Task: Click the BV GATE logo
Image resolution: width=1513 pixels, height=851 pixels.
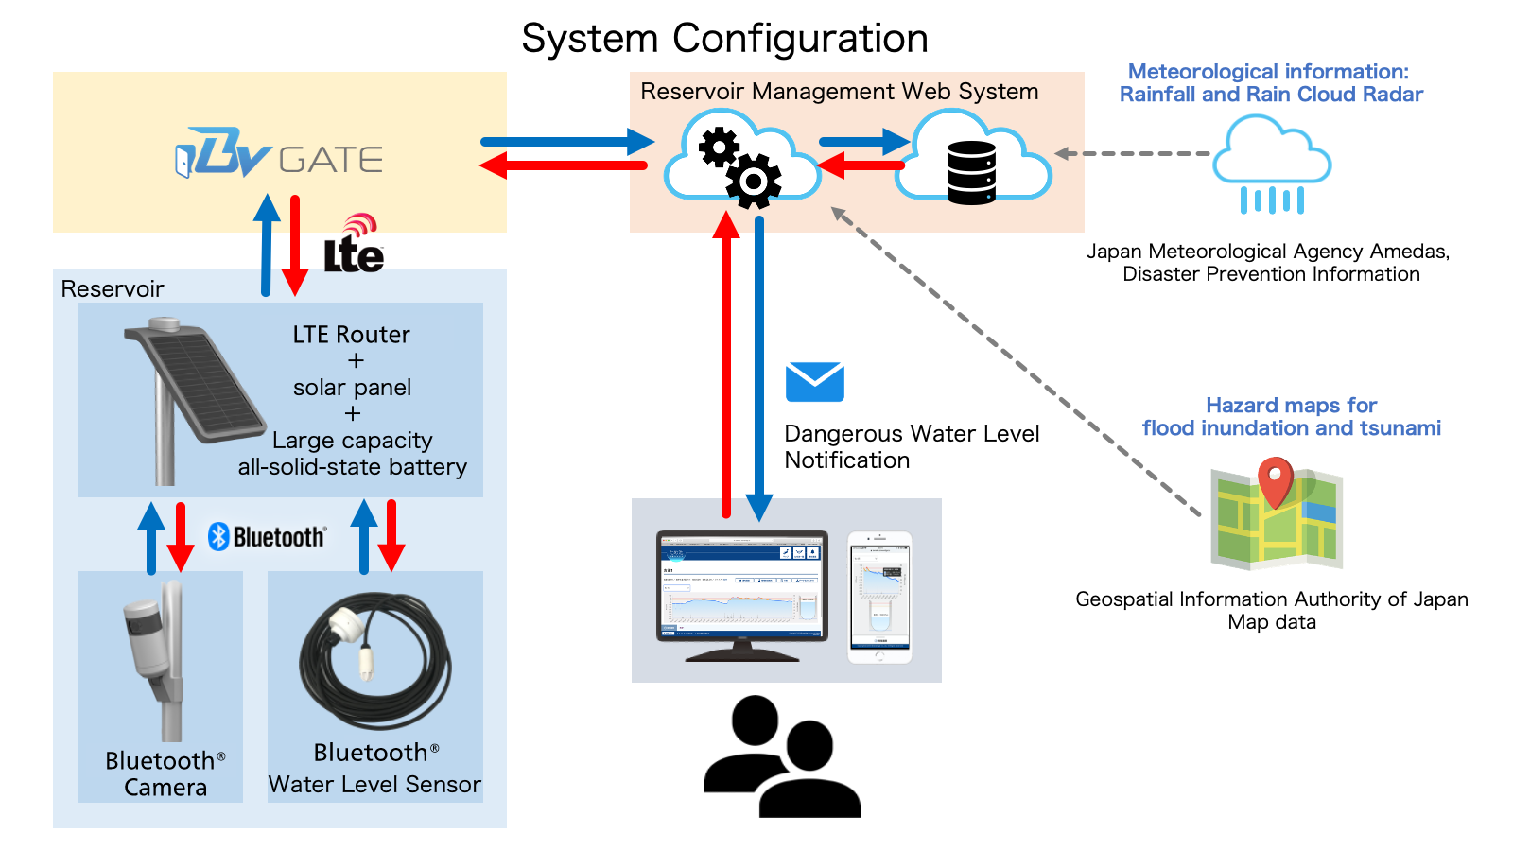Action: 279,155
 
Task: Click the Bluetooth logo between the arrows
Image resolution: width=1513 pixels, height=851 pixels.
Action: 268,537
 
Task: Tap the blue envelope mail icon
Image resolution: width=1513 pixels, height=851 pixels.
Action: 814,382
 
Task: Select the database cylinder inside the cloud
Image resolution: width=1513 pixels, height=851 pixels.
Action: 971,172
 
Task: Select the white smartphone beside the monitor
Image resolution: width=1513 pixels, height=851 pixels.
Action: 879,598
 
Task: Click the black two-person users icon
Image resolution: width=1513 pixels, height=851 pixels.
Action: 782,756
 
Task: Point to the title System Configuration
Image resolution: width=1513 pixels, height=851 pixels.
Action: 724,39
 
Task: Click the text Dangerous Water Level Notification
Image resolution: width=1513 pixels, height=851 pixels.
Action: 911,446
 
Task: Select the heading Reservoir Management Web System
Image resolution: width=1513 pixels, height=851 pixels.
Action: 839,92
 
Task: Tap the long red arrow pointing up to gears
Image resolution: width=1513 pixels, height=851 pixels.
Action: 726,369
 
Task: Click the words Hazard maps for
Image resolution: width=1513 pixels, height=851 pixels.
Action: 1291,406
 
